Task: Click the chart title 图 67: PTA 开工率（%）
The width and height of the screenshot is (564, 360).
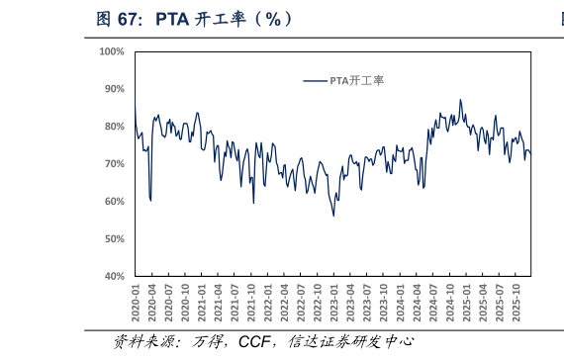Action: [x=194, y=18]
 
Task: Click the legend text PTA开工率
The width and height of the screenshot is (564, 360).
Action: [x=356, y=81]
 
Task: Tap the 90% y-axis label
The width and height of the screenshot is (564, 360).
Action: [x=113, y=89]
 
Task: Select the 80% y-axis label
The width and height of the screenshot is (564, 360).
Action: [x=113, y=127]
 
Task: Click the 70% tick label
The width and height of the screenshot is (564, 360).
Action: [x=113, y=164]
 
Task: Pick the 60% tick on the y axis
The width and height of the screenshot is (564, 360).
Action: [x=113, y=202]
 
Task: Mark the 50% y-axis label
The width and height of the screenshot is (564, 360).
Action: [x=113, y=239]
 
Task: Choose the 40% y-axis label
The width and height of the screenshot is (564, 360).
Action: [x=113, y=277]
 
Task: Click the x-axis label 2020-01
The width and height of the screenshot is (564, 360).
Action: [x=136, y=300]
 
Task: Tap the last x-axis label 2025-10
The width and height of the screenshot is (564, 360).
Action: [x=516, y=300]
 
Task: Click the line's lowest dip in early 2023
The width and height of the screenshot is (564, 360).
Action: [x=333, y=216]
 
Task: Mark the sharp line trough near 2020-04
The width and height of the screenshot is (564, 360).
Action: [x=150, y=201]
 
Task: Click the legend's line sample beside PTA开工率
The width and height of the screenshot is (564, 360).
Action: [x=315, y=81]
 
